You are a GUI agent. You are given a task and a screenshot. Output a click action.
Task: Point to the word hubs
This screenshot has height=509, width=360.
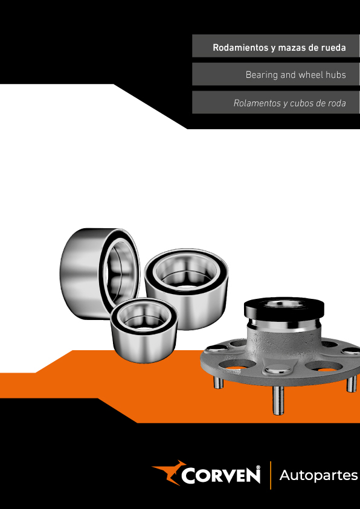336,75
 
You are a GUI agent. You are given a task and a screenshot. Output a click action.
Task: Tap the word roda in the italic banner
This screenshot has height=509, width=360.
337,104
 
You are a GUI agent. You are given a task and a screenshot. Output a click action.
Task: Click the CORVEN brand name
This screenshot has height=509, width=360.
220,475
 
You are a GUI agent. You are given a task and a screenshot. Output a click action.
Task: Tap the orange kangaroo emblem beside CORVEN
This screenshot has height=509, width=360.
168,472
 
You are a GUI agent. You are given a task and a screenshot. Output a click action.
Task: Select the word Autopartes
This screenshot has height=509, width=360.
318,476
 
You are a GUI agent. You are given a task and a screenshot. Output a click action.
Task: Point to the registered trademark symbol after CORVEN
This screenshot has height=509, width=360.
259,467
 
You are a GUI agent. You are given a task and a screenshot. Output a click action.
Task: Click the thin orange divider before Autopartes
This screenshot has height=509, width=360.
271,475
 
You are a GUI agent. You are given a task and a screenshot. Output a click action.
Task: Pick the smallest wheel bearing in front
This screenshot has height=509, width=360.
144,330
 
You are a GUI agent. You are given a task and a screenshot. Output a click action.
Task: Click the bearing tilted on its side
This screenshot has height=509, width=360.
100,274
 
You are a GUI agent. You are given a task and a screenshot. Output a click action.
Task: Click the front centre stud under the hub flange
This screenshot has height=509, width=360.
278,400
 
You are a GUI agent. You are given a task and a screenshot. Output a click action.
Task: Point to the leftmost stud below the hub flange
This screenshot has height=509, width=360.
218,382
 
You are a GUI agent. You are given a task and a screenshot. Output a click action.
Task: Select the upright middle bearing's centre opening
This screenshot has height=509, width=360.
186,272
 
